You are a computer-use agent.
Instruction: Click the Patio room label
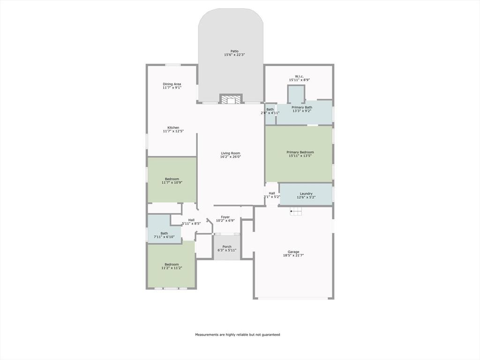(x=234, y=51)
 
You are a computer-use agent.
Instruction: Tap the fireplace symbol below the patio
(x=231, y=99)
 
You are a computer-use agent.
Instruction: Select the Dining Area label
(x=172, y=84)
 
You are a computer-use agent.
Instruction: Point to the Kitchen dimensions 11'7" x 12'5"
(x=173, y=131)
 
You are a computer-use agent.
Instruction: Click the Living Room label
(x=231, y=153)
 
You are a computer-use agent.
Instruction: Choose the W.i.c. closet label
(x=299, y=76)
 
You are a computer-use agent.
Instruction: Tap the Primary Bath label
(x=302, y=107)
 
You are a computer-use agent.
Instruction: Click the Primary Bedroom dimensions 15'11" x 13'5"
(x=300, y=156)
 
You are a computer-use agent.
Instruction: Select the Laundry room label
(x=306, y=194)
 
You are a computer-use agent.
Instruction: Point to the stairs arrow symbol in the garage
(x=295, y=212)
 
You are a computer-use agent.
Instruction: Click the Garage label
(x=293, y=252)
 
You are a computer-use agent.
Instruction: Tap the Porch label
(x=227, y=247)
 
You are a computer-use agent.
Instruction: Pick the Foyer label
(x=225, y=217)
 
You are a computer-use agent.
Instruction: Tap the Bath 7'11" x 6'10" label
(x=164, y=233)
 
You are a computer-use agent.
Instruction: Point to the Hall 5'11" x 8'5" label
(x=191, y=220)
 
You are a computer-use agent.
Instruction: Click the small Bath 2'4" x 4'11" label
(x=270, y=110)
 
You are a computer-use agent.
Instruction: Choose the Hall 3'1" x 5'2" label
(x=272, y=193)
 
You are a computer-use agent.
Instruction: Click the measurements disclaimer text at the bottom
(x=238, y=335)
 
